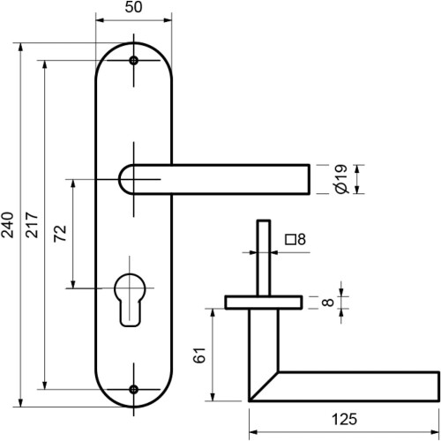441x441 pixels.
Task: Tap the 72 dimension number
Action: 60,234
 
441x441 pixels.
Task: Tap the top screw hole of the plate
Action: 134,61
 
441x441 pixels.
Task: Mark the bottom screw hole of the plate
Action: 134,388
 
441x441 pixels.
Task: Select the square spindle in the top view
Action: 263,256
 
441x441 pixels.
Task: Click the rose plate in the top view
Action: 263,303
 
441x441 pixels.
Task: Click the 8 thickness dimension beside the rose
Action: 326,303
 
